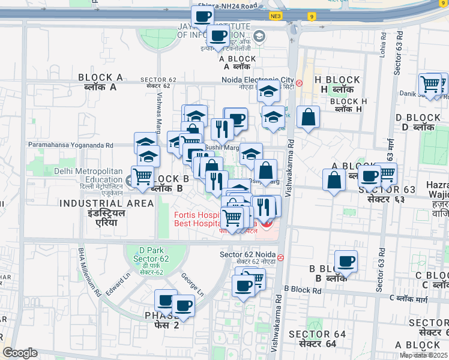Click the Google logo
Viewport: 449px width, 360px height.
click(x=20, y=353)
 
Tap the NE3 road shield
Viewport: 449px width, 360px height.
click(x=276, y=16)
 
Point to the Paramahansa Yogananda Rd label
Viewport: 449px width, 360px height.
click(x=71, y=145)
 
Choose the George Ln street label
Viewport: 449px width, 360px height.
click(x=193, y=285)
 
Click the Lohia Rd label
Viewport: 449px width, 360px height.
click(x=382, y=43)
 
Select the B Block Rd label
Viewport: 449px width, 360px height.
click(x=303, y=290)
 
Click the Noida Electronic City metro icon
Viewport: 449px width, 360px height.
click(x=299, y=82)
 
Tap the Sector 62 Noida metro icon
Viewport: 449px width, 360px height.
click(x=281, y=257)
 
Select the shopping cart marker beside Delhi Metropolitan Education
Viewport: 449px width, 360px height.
click(x=142, y=176)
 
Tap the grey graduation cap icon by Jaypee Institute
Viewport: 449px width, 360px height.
click(x=259, y=36)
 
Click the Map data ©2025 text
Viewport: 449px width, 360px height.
click(x=424, y=355)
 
